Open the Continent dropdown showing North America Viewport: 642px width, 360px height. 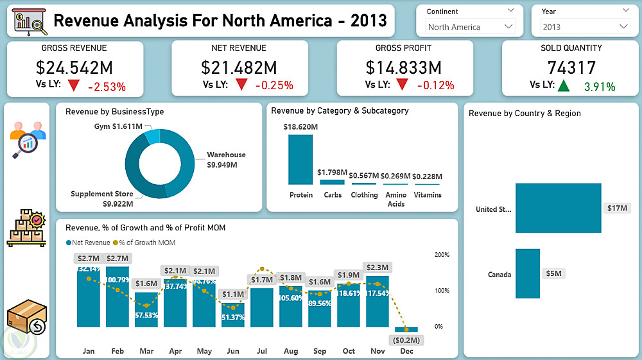point(471,27)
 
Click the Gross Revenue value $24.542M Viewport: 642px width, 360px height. point(74,67)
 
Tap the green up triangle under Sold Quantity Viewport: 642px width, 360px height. point(563,85)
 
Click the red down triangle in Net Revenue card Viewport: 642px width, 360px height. point(241,85)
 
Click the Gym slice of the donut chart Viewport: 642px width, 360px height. point(152,136)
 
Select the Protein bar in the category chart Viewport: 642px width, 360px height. point(300,160)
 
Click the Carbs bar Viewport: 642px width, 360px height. point(333,182)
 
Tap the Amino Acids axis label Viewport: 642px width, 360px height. point(396,199)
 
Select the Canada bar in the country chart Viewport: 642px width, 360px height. point(528,274)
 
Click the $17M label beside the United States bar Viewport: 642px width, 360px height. point(618,209)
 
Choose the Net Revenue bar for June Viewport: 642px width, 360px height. point(233,315)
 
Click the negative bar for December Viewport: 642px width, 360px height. point(406,329)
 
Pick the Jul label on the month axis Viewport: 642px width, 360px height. point(262,351)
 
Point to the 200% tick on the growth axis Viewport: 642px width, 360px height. point(442,255)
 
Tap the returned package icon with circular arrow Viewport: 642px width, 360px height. point(27,319)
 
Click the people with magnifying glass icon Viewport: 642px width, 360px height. point(27,139)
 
